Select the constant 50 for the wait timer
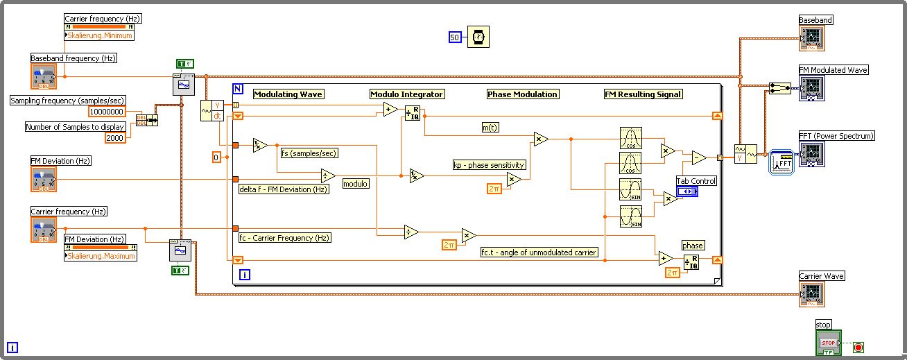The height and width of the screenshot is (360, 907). point(455,37)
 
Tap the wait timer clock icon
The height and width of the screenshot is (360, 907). point(478,37)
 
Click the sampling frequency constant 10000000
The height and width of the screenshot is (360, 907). point(107,112)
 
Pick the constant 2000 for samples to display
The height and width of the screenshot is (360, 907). point(115,137)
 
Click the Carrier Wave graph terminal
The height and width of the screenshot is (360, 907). point(812,294)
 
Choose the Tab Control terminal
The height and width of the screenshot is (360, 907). point(687,191)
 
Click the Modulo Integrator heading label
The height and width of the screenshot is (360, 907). point(406,94)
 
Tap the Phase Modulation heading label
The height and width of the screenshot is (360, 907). point(522,94)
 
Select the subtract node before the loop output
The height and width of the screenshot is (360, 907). point(698,158)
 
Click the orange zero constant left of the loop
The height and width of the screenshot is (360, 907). point(216,158)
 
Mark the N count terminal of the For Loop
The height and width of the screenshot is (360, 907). point(238,89)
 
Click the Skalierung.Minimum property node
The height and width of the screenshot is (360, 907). point(100,35)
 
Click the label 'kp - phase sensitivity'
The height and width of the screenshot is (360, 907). point(489,165)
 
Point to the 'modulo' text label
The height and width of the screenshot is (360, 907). point(355,184)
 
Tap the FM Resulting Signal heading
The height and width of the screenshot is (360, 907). point(643,94)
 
